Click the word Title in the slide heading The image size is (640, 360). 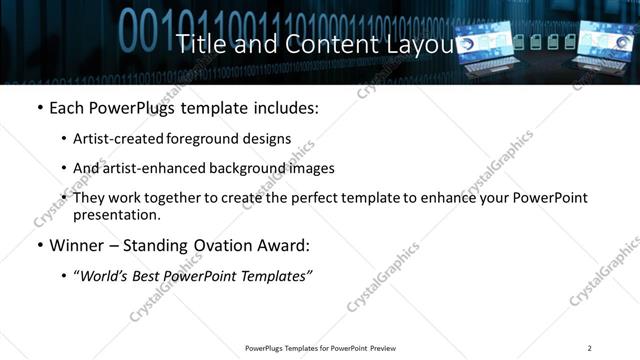coord(197,44)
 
